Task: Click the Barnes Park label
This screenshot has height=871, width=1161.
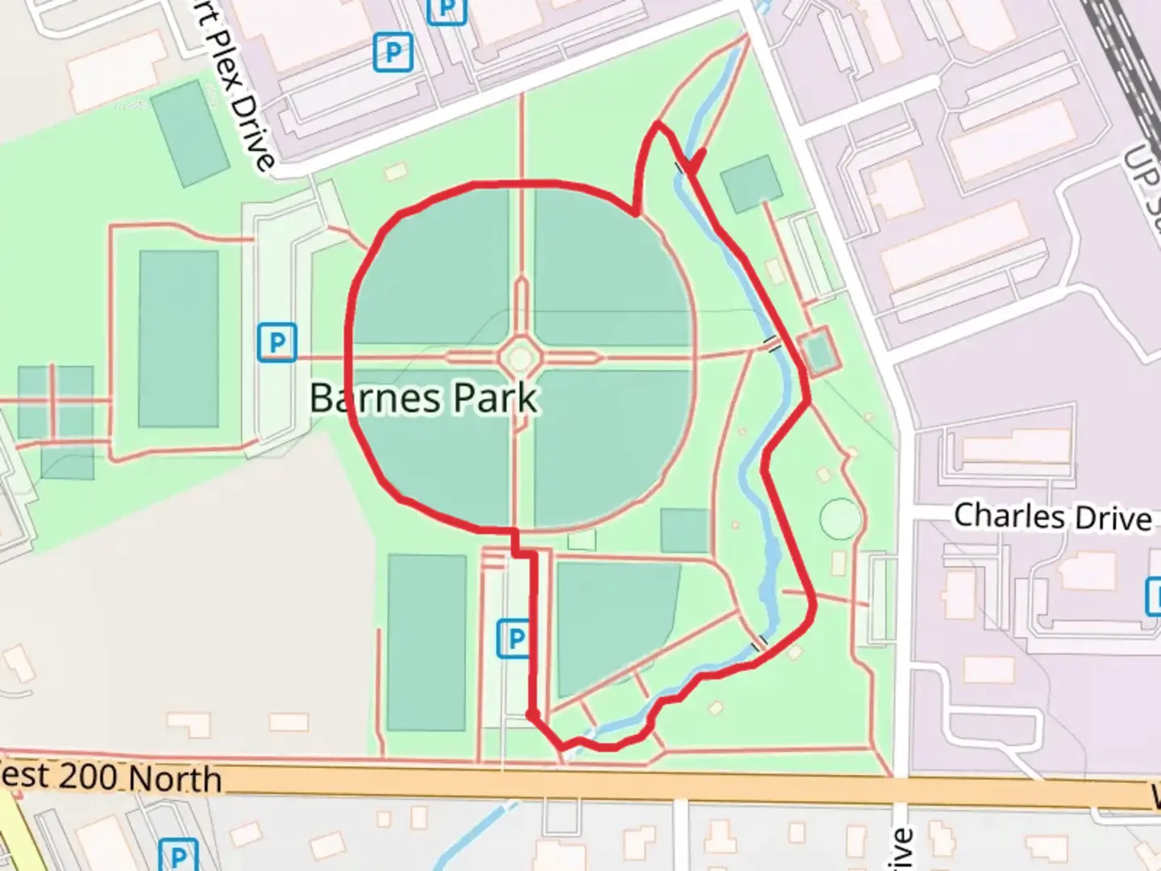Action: [x=422, y=398]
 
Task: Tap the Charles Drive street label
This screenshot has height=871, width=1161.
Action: [x=1052, y=516]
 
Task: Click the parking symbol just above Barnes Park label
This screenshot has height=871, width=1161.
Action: [x=277, y=343]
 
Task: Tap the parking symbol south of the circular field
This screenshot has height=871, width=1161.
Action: [x=514, y=639]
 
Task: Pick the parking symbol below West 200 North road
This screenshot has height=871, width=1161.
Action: [x=178, y=855]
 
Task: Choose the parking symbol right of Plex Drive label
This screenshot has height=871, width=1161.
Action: [x=393, y=53]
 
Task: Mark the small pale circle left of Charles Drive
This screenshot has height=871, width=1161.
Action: [x=840, y=518]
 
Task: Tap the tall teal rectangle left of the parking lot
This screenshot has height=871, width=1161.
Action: [x=426, y=642]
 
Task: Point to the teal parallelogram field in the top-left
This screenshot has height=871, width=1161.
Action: [x=190, y=133]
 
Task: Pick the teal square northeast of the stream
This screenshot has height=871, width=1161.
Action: [x=751, y=184]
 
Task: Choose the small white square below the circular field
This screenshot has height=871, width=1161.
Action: [x=580, y=540]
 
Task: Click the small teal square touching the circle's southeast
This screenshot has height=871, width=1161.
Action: [x=684, y=531]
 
